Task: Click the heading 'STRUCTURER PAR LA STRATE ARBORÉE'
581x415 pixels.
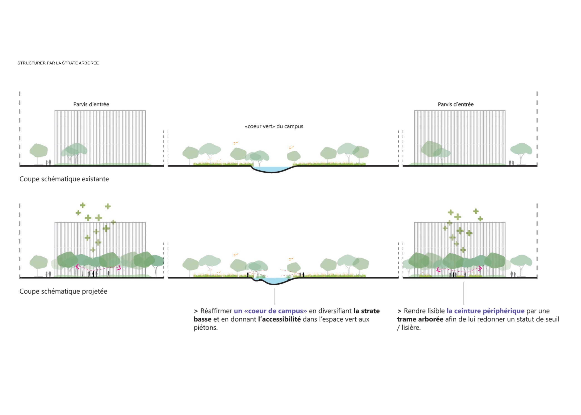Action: (58, 63)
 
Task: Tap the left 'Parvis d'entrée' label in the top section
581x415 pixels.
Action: (91, 104)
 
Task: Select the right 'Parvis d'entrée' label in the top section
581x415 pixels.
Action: (455, 104)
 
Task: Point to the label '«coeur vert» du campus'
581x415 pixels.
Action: (274, 126)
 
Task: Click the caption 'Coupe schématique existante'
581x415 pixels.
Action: (64, 179)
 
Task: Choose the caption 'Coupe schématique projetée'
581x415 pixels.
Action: (63, 291)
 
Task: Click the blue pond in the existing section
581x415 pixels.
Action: (272, 169)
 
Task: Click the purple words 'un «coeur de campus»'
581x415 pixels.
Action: (270, 311)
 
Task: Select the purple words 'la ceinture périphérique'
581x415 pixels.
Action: (485, 311)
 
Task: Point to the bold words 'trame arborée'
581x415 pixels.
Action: (420, 319)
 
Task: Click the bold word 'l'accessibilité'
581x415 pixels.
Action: (279, 319)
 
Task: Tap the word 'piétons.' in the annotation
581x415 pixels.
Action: (206, 328)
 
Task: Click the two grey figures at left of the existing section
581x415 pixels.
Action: (48, 162)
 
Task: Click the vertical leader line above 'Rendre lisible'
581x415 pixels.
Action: (464, 293)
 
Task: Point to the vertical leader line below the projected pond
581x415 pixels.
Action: (275, 296)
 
